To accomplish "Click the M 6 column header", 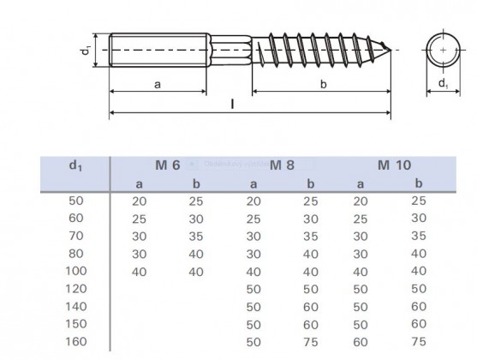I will [x=168, y=164].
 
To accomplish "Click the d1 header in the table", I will [x=75, y=165].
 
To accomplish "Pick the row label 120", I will [x=77, y=290].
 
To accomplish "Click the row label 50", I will [x=77, y=201].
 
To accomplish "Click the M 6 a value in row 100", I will [x=139, y=272].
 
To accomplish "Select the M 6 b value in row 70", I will [x=196, y=236].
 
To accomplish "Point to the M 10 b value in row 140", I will [x=418, y=307].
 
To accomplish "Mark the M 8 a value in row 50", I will [x=253, y=201].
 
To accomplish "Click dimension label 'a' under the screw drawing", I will [x=156, y=84].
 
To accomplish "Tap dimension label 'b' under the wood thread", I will [x=322, y=84].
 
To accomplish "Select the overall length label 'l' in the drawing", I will [x=233, y=104].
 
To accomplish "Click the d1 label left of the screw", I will [x=86, y=51].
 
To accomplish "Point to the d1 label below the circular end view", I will [x=442, y=84].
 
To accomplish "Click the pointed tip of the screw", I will [x=389, y=48].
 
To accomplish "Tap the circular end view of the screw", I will [x=442, y=50].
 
